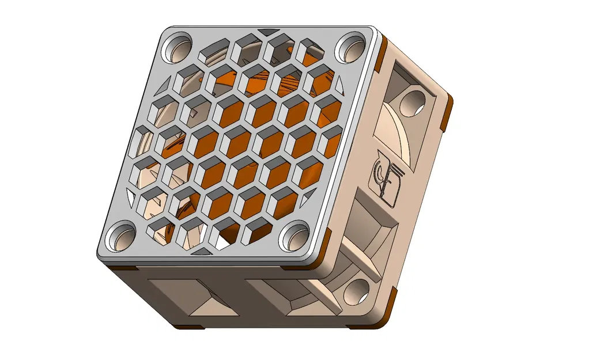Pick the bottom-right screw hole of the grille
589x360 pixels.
click(296, 237)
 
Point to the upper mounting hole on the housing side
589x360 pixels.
click(414, 103)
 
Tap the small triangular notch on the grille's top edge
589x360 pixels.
click(266, 32)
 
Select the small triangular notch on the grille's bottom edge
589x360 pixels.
click(201, 251)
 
